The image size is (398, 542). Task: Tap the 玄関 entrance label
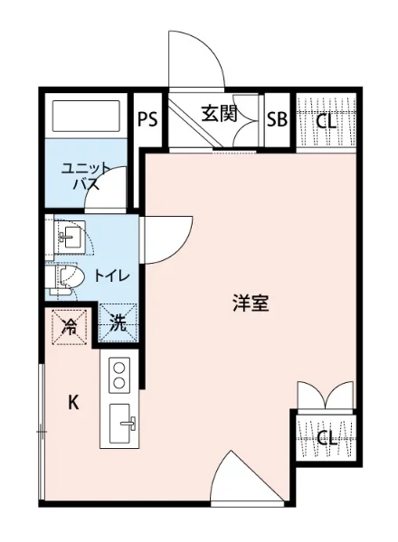219,114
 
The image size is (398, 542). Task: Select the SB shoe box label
277,118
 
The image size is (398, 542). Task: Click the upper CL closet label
327,119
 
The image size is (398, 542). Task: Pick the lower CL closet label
327,439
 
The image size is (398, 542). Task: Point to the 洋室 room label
250,304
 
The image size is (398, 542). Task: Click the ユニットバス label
85,176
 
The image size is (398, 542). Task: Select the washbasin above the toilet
69,238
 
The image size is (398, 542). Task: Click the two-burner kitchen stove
119,374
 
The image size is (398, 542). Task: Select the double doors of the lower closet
324,397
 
